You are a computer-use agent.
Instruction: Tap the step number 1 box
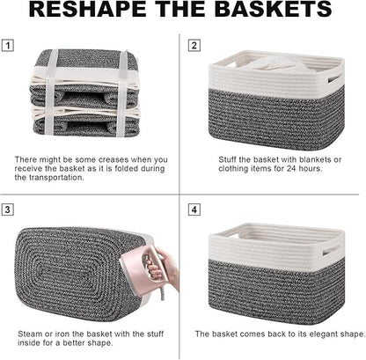(9, 44)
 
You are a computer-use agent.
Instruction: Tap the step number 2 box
(194, 45)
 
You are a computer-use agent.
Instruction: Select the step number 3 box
(9, 210)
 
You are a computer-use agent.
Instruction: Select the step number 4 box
(194, 210)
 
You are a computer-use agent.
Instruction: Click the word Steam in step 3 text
(30, 334)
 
